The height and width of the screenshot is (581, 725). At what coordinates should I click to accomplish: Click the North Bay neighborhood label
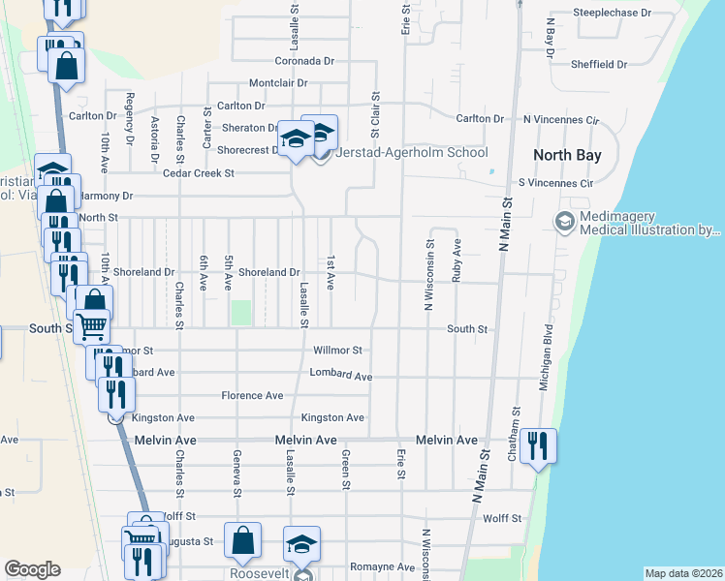(x=567, y=155)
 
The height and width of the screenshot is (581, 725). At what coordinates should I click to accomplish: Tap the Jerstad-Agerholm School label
(x=412, y=153)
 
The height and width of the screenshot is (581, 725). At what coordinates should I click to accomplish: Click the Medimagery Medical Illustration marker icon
(x=563, y=223)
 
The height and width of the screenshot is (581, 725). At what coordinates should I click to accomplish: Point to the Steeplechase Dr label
(x=612, y=13)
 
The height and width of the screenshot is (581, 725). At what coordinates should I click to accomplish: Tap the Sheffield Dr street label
(x=599, y=65)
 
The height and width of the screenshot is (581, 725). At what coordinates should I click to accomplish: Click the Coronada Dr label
(x=303, y=60)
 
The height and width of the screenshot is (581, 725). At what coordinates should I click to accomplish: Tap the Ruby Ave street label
(x=456, y=260)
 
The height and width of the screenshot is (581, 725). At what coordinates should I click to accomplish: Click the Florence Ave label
(x=252, y=395)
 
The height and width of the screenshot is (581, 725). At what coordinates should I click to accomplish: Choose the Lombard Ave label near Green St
(x=341, y=374)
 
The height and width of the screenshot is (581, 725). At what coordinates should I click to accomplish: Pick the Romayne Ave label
(x=383, y=566)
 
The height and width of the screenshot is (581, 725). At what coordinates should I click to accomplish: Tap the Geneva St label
(x=236, y=473)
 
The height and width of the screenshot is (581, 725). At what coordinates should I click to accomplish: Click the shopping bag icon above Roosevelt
(x=242, y=541)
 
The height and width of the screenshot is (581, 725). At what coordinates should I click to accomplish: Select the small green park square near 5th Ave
(x=240, y=313)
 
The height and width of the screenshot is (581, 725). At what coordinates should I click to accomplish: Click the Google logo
(x=32, y=569)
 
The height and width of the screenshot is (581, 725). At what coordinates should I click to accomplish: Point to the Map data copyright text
(x=683, y=573)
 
